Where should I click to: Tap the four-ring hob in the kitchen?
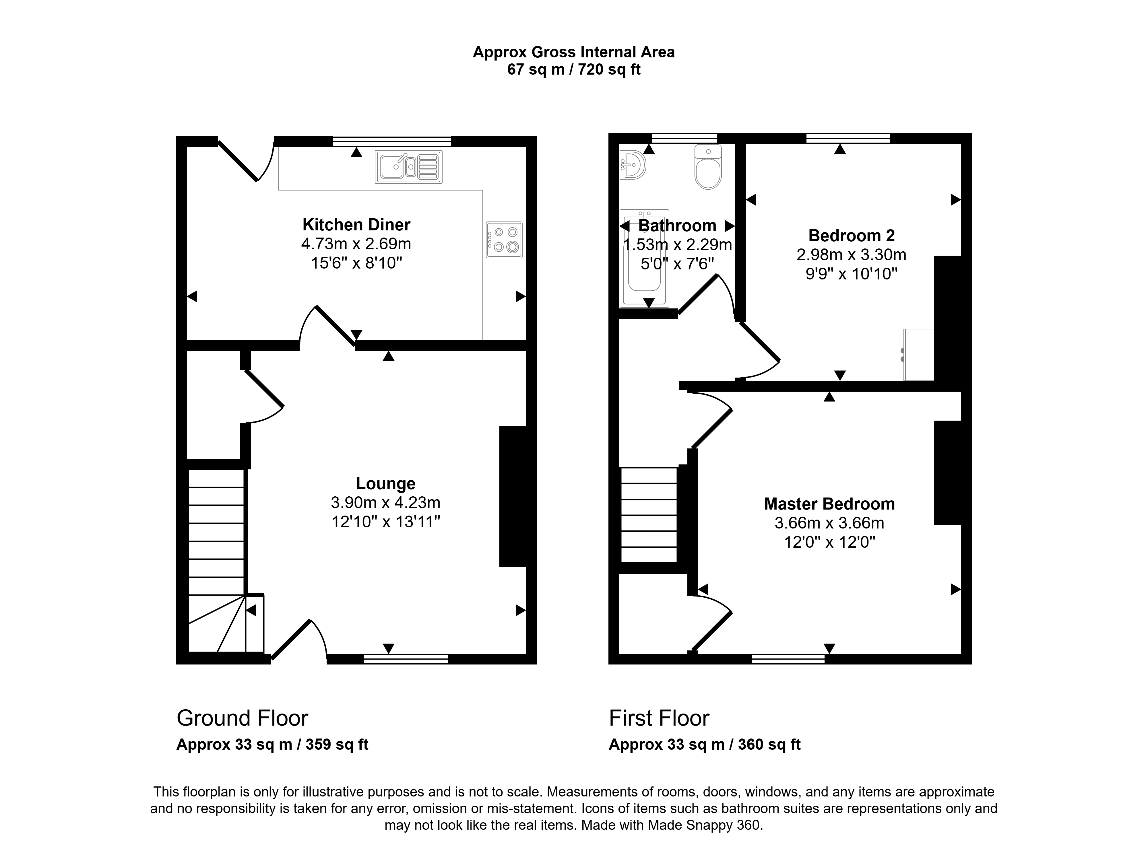pyautogui.click(x=504, y=240)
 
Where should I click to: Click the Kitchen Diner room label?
pyautogui.click(x=356, y=225)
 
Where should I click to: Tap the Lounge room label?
pyautogui.click(x=386, y=483)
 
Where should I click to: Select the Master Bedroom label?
pyautogui.click(x=829, y=504)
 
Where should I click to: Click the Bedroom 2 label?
pyautogui.click(x=852, y=236)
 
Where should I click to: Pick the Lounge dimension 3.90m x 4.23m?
pyautogui.click(x=386, y=503)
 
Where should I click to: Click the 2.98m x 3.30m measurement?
pyautogui.click(x=852, y=255)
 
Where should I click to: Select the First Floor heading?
pyautogui.click(x=659, y=718)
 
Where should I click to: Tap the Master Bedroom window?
pyautogui.click(x=788, y=659)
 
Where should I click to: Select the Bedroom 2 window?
pyautogui.click(x=848, y=138)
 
